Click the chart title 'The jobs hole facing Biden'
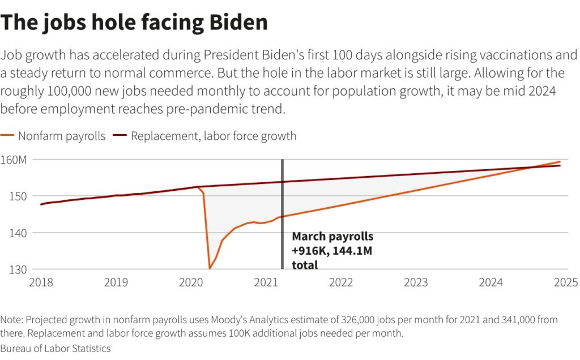[134, 23]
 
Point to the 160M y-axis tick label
[14, 160]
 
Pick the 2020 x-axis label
[191, 282]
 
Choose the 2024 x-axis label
[491, 282]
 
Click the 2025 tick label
[565, 282]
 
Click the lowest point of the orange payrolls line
[210, 268]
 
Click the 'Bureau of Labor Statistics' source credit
[56, 348]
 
